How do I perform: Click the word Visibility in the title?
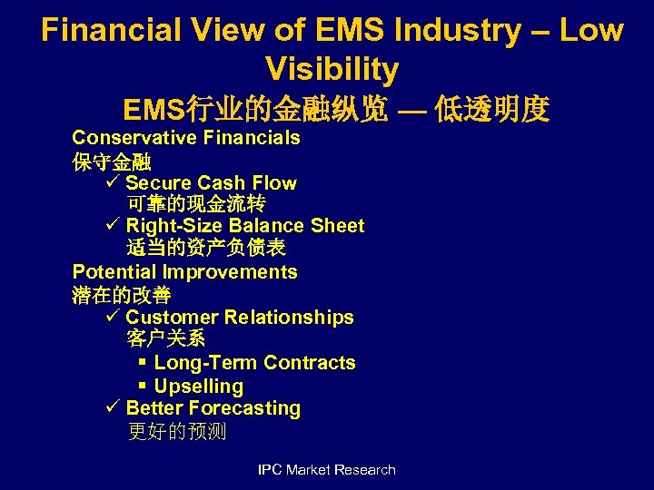pos(332,69)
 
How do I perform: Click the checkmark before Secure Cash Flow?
pos(114,183)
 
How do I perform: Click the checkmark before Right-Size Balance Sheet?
pos(114,226)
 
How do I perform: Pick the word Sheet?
pos(337,226)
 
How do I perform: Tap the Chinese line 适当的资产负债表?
pos(206,248)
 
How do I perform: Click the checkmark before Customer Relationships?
pos(114,318)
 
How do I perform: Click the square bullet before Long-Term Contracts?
pos(143,363)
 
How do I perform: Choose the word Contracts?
pos(309,363)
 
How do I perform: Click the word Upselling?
pos(199,387)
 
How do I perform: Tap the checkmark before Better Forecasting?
pos(114,409)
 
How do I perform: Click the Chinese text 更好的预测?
pos(177,432)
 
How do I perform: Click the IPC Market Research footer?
pos(327,469)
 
